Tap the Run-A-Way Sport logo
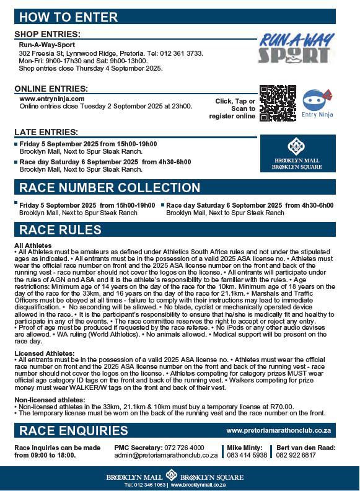(293, 49)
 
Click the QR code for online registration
(277, 103)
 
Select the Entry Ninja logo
(317, 103)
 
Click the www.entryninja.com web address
(52, 99)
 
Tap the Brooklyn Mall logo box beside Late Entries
(297, 153)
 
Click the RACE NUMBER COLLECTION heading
(110, 188)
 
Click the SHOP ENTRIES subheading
(47, 33)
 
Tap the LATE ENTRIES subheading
(46, 132)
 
